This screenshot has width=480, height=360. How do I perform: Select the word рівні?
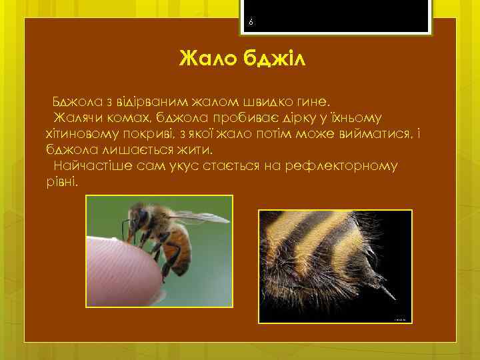tap(62, 181)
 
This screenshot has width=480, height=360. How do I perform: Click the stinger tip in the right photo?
tap(393, 297)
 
